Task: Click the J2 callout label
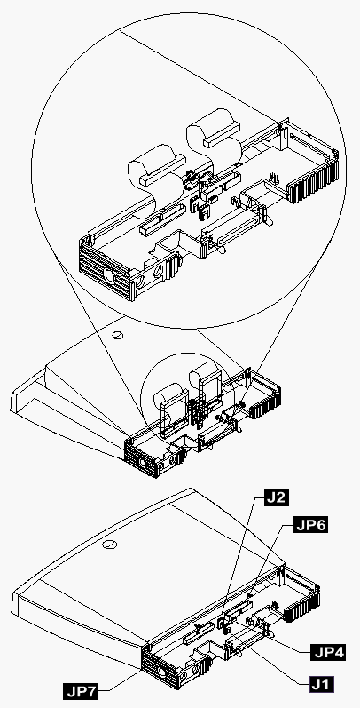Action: pyautogui.click(x=271, y=498)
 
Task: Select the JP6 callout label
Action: pyautogui.click(x=310, y=525)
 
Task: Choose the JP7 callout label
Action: pyautogui.click(x=81, y=691)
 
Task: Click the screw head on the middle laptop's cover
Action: pyautogui.click(x=117, y=335)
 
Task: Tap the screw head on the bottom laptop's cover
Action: pyautogui.click(x=109, y=545)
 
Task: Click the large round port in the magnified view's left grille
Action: pyautogui.click(x=109, y=274)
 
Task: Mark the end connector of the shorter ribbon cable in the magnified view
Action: pyautogui.click(x=162, y=171)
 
